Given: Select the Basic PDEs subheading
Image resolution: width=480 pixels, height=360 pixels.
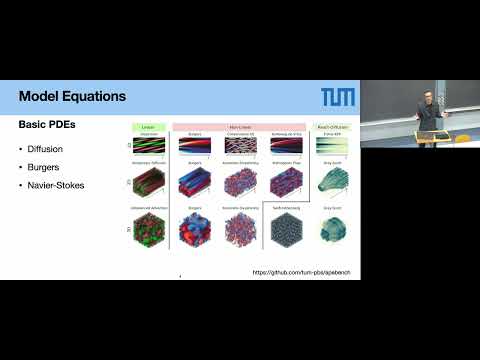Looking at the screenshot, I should [50, 128].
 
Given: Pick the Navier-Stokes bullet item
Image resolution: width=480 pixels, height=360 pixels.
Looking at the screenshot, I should [57, 186].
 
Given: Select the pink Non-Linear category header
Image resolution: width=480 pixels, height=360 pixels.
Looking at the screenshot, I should [238, 128].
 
